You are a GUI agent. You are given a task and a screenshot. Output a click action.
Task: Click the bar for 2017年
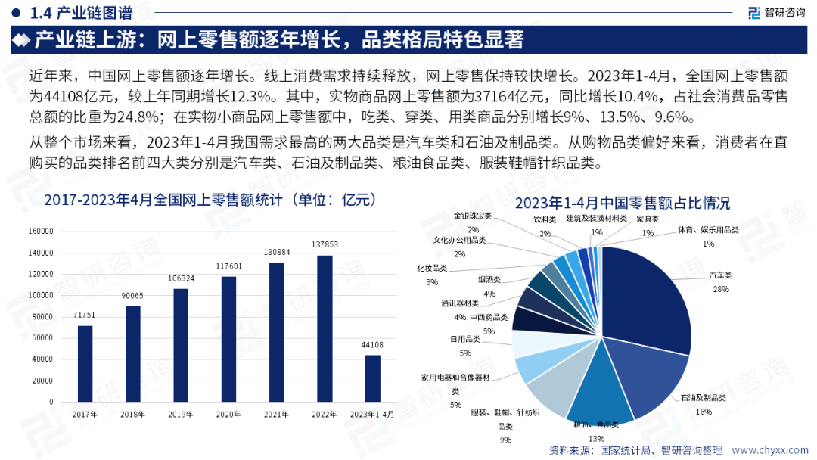coord(85,363)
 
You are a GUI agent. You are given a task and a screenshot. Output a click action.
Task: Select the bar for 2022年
coord(324,328)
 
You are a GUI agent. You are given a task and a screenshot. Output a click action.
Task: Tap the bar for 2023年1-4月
coord(372,378)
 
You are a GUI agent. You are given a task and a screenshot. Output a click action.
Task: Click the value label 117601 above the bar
coord(228,266)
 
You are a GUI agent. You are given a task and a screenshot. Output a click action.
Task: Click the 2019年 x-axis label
coord(180,415)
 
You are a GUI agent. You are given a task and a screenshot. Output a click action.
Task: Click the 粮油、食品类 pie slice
coord(601,393)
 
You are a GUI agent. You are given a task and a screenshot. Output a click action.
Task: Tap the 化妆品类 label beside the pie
coord(432,268)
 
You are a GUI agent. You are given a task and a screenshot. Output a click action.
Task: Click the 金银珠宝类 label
coord(473,216)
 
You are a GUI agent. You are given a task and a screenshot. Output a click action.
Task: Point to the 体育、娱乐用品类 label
coord(708,230)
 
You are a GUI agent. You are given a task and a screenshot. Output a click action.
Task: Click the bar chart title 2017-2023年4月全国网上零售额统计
coord(210,200)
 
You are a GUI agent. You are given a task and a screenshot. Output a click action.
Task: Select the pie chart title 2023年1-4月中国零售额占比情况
coord(622,203)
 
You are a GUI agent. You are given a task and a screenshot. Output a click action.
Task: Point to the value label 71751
coord(85,314)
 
